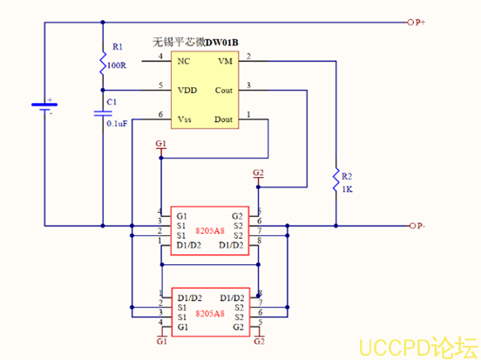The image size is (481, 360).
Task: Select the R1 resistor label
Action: tap(119, 46)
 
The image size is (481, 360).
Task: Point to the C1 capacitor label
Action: tap(111, 102)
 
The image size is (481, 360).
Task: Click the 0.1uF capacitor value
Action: tap(117, 124)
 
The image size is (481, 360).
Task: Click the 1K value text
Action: tap(346, 189)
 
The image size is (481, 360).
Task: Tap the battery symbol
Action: tap(44, 106)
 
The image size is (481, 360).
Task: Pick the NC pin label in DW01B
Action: tap(183, 61)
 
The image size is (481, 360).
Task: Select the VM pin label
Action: tap(225, 61)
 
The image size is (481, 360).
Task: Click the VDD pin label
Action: tap(186, 89)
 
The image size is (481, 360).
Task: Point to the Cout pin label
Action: tap(223, 89)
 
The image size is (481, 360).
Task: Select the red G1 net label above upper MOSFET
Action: tap(159, 143)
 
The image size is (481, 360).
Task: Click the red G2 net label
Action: tap(258, 173)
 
